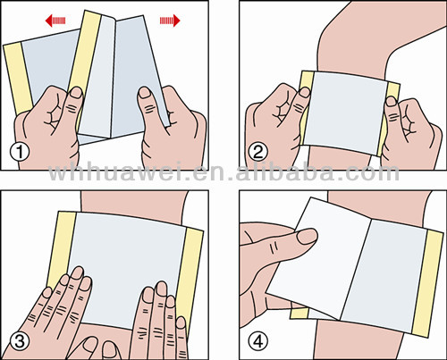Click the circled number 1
click(20, 152)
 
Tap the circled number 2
click(258, 152)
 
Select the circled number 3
click(20, 340)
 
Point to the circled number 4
click(258, 341)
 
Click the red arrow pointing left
click(55, 21)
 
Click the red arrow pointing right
click(170, 21)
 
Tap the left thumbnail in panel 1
click(76, 92)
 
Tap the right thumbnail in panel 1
click(146, 92)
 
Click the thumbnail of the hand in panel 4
click(308, 237)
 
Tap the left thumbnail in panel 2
click(305, 92)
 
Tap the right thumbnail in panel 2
click(391, 101)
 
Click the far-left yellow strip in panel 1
click(19, 79)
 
